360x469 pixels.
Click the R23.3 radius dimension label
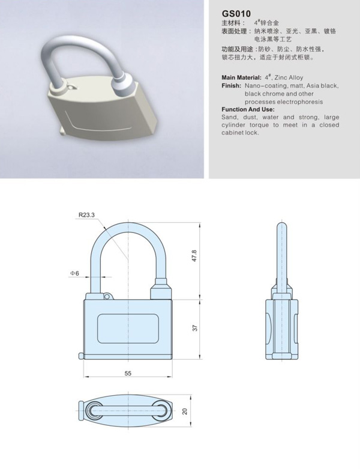[86, 214]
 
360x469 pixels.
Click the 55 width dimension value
[128, 373]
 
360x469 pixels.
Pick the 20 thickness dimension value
[185, 411]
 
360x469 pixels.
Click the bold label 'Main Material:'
[241, 78]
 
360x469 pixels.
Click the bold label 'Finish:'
[231, 86]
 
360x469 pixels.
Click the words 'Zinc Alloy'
[289, 78]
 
